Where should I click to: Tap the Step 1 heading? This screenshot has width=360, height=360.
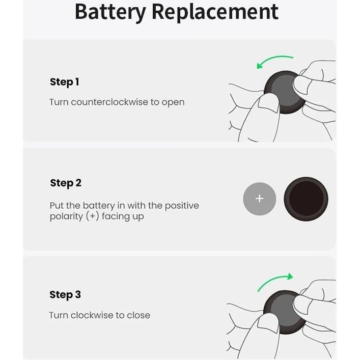[65, 82]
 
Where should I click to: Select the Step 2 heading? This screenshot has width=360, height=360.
[66, 183]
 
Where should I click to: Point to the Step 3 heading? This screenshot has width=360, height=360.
[65, 295]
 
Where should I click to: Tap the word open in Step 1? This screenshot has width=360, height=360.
[173, 102]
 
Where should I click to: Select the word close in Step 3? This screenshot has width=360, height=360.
[139, 315]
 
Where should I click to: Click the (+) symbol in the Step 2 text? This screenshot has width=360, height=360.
[92, 216]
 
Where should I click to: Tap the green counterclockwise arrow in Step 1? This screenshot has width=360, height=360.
[274, 61]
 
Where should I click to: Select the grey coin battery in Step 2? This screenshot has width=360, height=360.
[260, 199]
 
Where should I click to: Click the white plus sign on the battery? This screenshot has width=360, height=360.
[260, 199]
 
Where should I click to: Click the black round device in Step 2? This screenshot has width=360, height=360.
[306, 199]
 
